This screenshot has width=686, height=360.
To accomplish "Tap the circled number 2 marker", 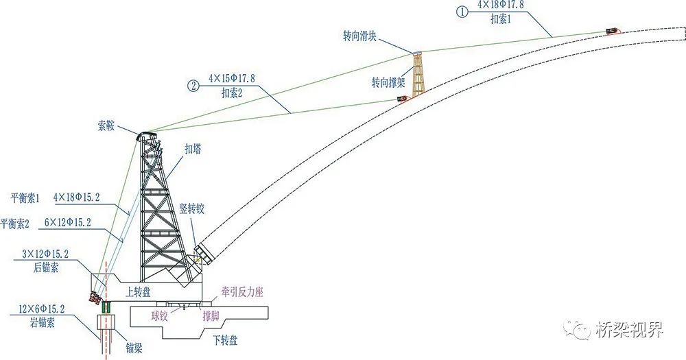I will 193,86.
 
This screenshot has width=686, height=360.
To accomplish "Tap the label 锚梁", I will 131,337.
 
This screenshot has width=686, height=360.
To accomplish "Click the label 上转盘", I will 140,291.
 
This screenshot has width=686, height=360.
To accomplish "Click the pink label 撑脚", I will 211,317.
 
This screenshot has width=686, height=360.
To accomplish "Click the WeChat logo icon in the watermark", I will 577,331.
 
